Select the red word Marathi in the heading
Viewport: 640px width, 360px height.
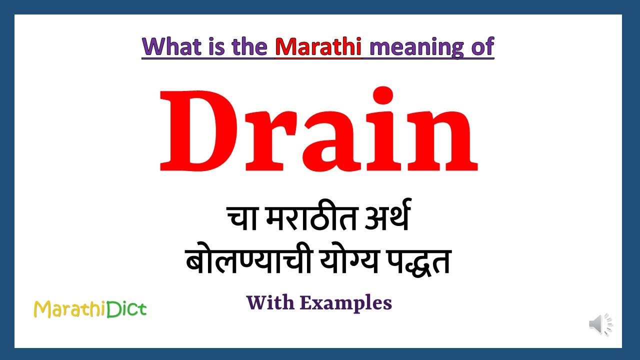[x=318, y=46]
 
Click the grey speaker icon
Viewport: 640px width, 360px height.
[x=600, y=324]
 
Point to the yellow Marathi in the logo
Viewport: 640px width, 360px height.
[x=66, y=310]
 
